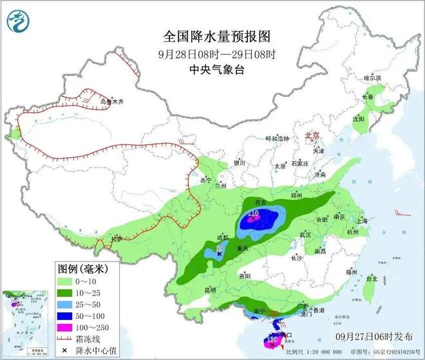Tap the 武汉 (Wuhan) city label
[305, 234]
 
